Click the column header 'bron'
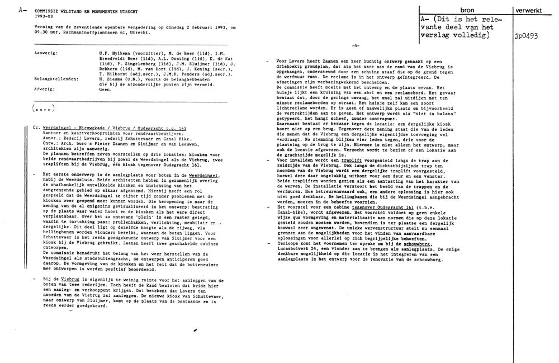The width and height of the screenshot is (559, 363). (466, 10)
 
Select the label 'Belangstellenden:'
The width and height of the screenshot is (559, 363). (56, 79)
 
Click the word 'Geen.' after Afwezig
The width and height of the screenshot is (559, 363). (105, 89)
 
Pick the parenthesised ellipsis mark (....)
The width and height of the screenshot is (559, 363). (43, 108)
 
